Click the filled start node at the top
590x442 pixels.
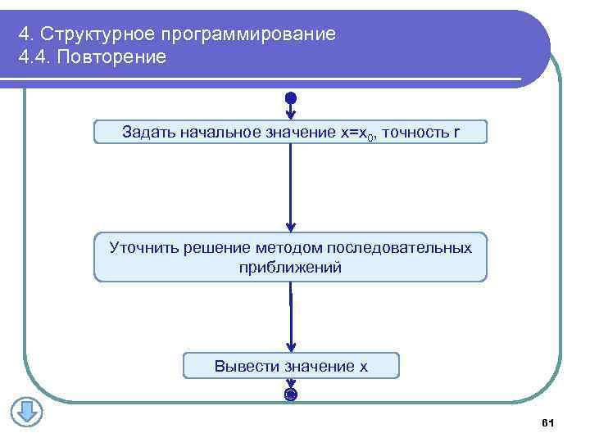[291, 99]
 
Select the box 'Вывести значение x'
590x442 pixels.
[291, 366]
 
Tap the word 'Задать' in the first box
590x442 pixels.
[147, 132]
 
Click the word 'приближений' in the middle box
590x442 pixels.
[290, 267]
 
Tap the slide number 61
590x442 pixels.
[548, 422]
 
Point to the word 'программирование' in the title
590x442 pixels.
[248, 35]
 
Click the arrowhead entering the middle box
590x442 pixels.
[291, 228]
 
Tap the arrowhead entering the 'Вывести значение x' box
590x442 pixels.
[291, 348]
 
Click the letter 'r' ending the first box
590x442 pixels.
[456, 132]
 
